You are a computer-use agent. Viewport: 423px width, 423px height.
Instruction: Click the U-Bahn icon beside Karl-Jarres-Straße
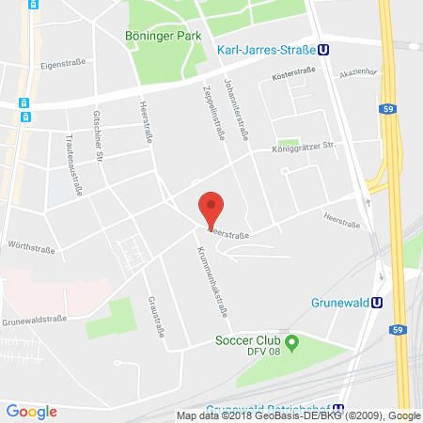tap(323, 53)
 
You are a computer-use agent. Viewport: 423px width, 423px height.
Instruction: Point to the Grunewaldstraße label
tap(32, 319)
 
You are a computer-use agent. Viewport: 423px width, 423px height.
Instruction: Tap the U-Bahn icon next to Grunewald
tap(377, 303)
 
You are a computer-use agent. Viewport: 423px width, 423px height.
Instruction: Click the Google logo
tap(32, 411)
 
